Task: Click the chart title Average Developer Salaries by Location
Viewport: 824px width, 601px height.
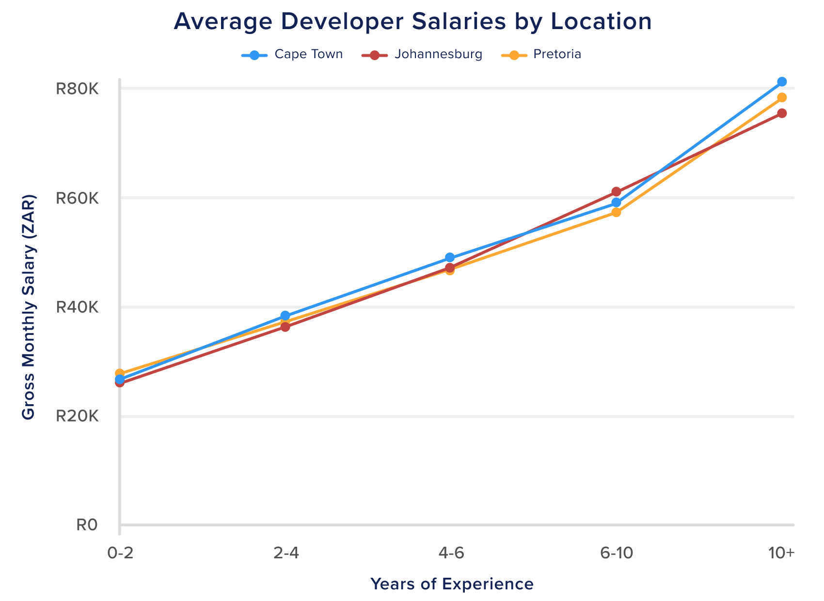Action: tap(412, 22)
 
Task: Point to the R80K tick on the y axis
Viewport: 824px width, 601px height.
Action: tap(77, 89)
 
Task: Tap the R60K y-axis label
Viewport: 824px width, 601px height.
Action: tap(77, 198)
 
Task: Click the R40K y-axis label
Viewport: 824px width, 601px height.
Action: tap(77, 307)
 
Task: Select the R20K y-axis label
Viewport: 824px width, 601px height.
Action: tap(77, 416)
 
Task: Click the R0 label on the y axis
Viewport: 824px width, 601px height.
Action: tap(87, 525)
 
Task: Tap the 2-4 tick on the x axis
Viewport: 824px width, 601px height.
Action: tap(286, 554)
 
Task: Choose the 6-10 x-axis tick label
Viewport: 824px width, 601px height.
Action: tap(616, 554)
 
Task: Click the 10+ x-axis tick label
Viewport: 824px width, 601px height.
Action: tap(781, 554)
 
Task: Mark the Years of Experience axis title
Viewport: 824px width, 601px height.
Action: tap(452, 584)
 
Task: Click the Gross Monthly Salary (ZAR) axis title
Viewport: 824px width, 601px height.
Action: tap(29, 307)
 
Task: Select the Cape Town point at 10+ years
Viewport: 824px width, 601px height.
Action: tap(782, 81)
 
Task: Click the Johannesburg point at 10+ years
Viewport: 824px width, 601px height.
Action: tap(782, 113)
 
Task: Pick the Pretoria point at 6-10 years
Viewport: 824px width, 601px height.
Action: tap(616, 212)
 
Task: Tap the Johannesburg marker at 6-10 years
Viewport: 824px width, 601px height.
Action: tap(616, 191)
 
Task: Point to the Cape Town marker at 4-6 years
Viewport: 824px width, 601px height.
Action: tap(450, 257)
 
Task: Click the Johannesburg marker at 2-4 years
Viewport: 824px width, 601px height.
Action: tap(285, 327)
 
